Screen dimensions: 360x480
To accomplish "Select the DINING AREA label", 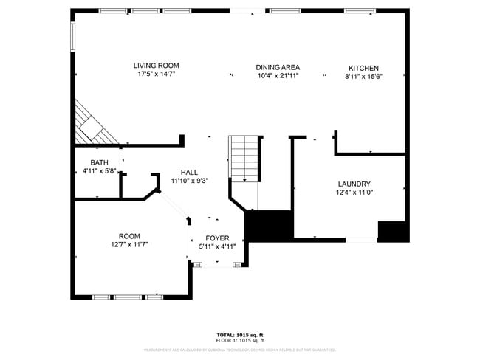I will (x=278, y=67).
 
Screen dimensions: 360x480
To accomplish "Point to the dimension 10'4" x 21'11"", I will (x=278, y=75).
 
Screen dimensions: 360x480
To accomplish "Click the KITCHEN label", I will (x=363, y=69).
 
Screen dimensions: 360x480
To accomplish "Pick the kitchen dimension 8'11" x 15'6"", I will (x=363, y=77).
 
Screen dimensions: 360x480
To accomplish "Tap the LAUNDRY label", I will (x=354, y=184).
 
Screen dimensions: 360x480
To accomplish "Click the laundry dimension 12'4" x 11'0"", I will (x=354, y=193).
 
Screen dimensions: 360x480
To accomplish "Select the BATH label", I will (x=99, y=163).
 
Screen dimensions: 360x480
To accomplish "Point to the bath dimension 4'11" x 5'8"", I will (x=99, y=171).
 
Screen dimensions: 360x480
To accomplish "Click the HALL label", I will (x=189, y=172).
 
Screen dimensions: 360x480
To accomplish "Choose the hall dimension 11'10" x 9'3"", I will (x=189, y=180).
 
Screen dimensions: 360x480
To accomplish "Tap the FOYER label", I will (x=217, y=238).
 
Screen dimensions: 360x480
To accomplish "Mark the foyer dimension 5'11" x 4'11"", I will (x=217, y=246).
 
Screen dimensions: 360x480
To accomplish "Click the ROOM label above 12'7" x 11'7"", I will (x=129, y=236).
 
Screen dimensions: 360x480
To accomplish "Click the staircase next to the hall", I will (x=245, y=158).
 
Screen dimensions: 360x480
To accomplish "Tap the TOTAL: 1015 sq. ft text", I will (x=239, y=335).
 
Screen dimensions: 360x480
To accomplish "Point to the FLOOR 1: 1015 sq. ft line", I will (x=239, y=340).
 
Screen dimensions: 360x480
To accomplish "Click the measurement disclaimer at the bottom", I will (x=239, y=350).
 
